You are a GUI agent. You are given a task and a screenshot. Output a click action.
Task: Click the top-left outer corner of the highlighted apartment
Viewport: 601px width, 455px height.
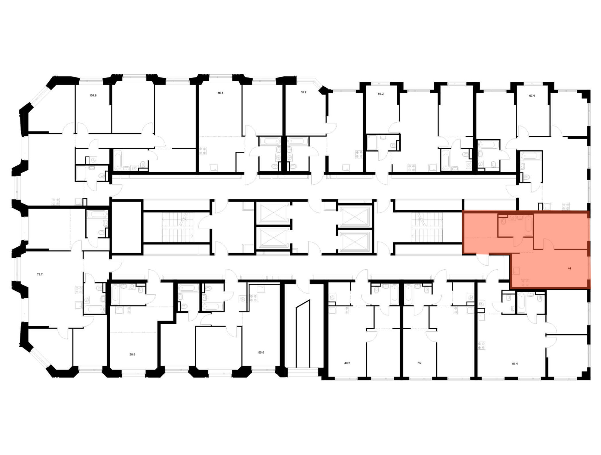click(x=462, y=211)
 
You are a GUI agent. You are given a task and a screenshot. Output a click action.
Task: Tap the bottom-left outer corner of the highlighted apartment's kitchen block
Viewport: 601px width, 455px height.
click(x=510, y=288)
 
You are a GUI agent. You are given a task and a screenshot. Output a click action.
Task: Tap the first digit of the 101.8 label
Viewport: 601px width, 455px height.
click(x=90, y=95)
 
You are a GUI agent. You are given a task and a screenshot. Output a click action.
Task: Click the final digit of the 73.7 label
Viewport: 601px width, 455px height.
click(x=41, y=274)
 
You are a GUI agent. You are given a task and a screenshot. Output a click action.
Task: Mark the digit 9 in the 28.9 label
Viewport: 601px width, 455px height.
click(x=134, y=354)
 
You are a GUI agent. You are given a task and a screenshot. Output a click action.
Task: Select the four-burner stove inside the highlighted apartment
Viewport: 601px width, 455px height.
click(x=525, y=283)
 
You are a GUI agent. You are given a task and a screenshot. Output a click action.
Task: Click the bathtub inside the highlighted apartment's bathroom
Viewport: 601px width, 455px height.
click(x=528, y=226)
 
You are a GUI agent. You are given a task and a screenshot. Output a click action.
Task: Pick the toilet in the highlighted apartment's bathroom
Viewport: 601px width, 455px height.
click(x=502, y=221)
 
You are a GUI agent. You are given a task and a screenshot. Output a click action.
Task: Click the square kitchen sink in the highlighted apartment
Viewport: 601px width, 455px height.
click(x=517, y=271)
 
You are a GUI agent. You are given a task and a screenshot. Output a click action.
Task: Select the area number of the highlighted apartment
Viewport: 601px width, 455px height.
click(x=569, y=268)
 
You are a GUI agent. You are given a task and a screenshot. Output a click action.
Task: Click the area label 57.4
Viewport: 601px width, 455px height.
click(x=515, y=364)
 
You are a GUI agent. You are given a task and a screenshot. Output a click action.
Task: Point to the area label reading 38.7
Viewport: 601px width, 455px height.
click(x=304, y=92)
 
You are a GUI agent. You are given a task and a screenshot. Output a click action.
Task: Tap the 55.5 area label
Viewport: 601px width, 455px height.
click(x=261, y=352)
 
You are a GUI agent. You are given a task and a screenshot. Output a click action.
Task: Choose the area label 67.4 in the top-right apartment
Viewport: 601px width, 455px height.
click(x=532, y=96)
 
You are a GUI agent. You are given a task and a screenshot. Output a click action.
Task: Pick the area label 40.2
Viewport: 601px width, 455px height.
click(x=347, y=363)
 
